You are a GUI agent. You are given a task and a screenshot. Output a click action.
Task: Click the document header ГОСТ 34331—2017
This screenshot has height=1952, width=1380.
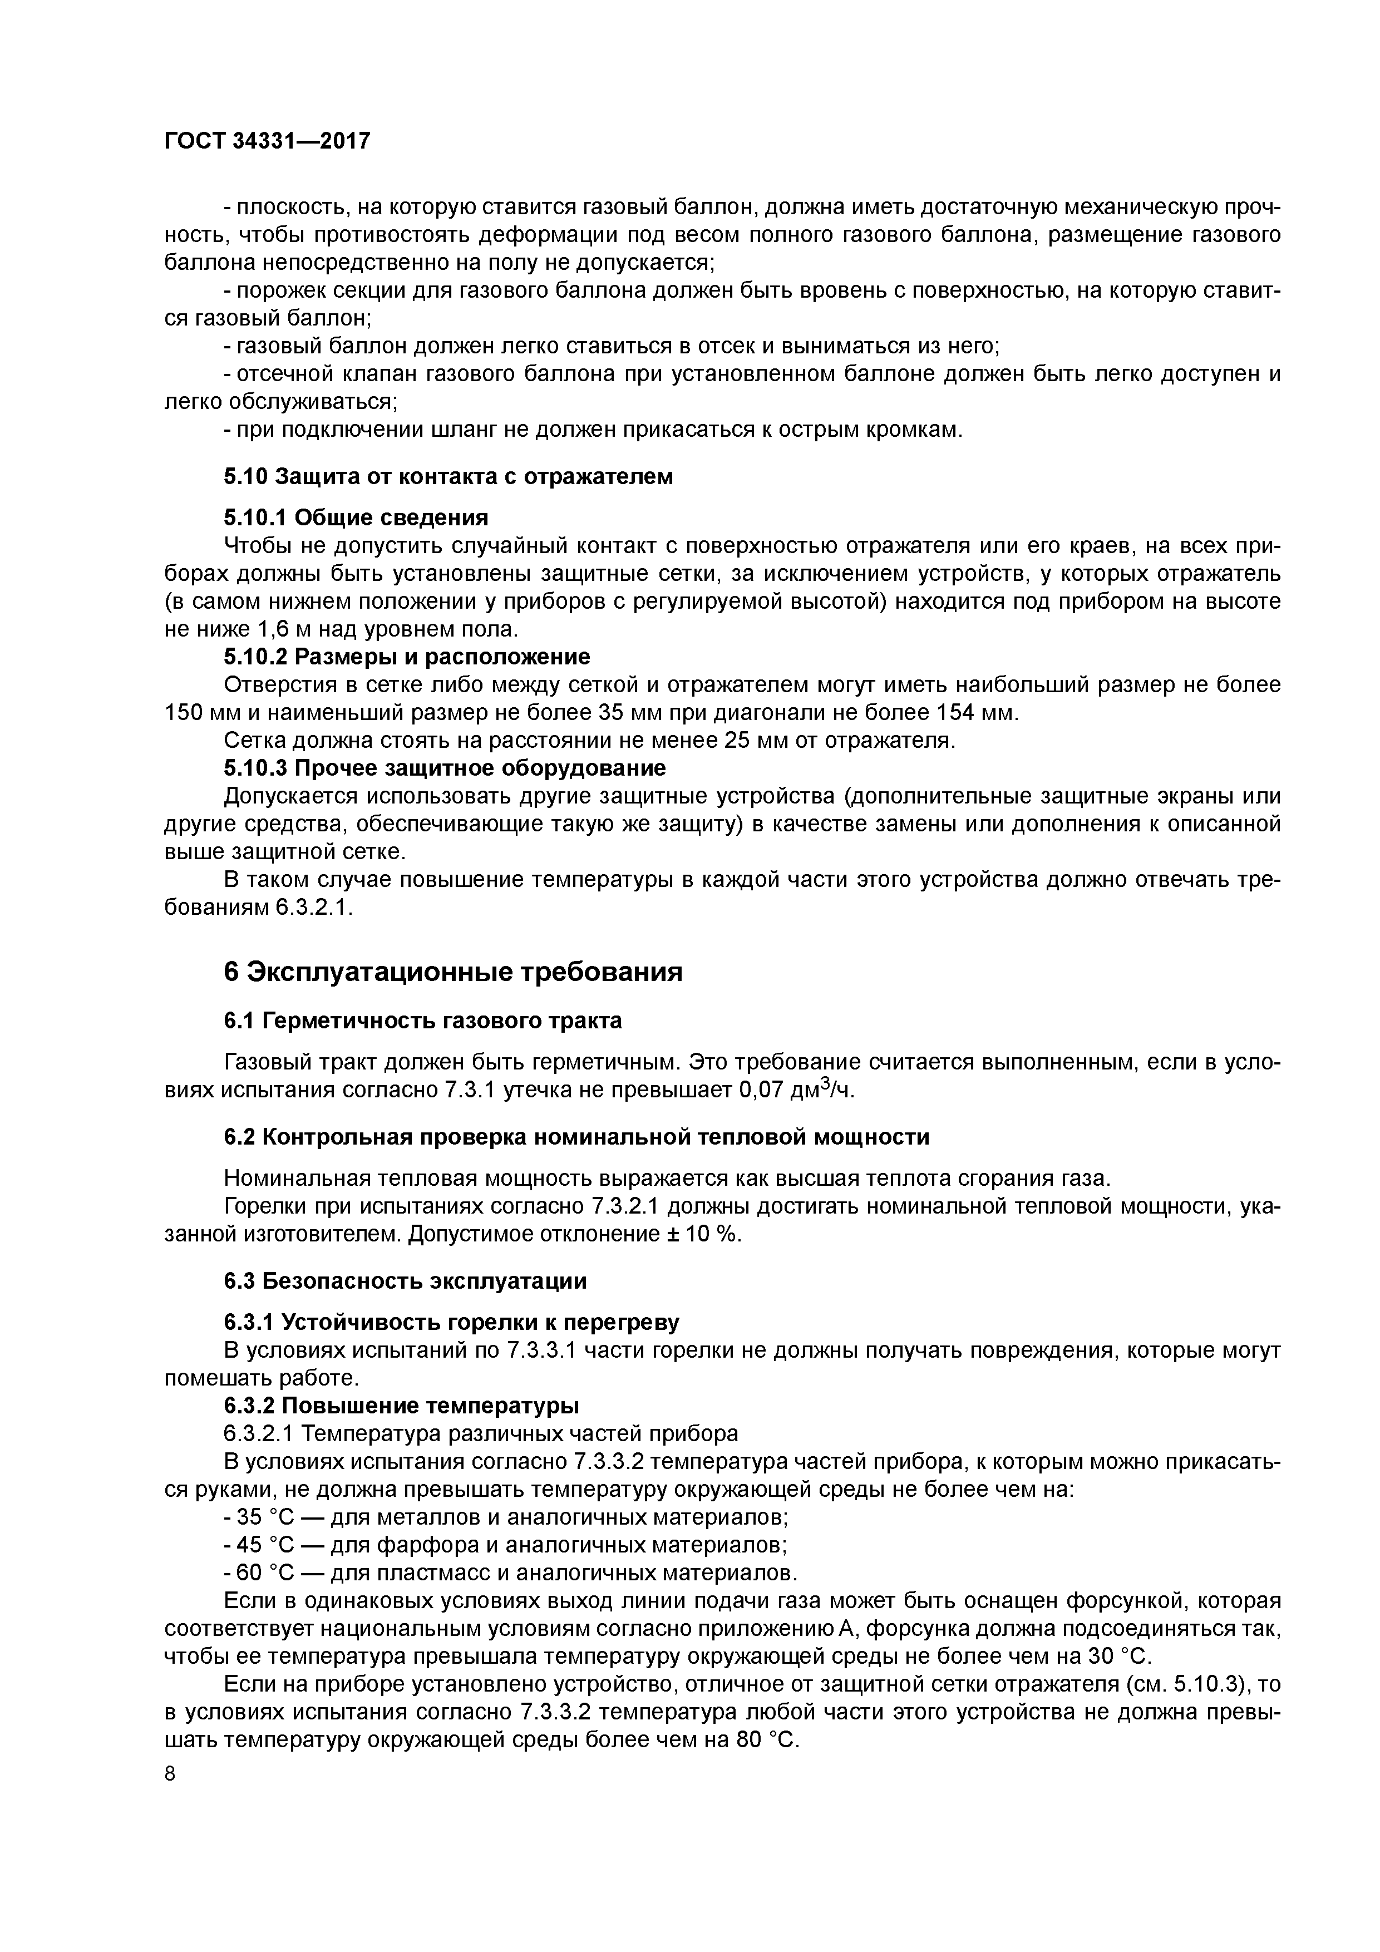(x=267, y=141)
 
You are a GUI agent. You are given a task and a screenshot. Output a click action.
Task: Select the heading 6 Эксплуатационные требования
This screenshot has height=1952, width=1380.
(x=453, y=972)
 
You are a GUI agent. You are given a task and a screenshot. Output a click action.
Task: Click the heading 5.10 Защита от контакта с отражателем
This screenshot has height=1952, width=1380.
(x=448, y=477)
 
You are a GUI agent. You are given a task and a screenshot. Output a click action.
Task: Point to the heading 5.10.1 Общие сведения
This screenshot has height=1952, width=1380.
(x=356, y=517)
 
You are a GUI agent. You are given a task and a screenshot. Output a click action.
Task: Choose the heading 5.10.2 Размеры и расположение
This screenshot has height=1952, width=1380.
(x=406, y=657)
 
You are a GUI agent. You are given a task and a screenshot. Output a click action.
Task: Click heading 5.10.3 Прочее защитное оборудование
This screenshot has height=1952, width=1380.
(x=444, y=768)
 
